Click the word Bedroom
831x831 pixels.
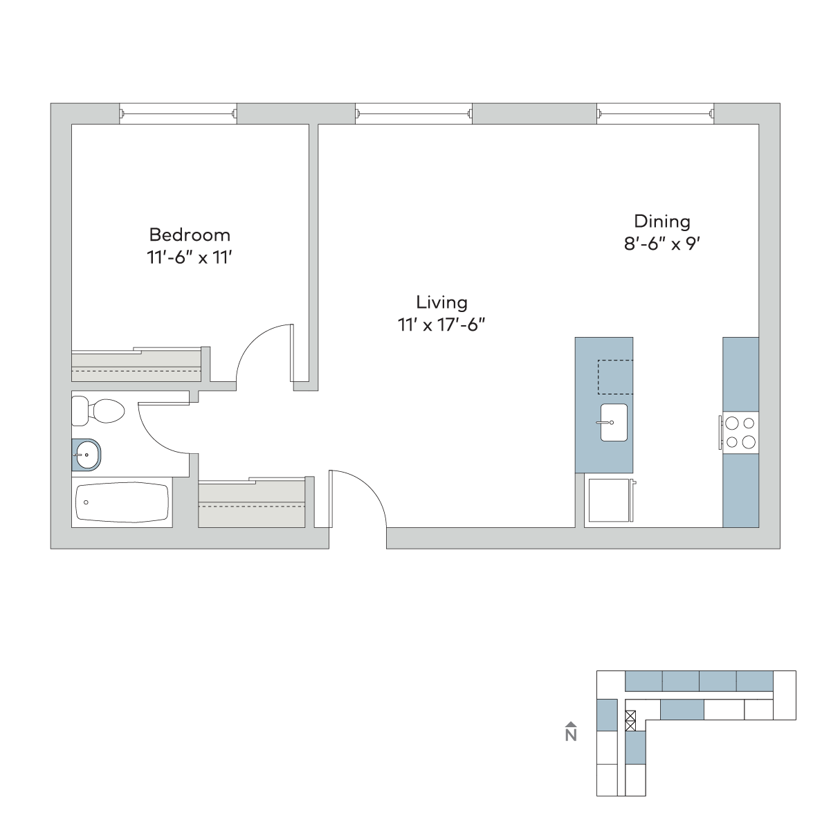pos(190,235)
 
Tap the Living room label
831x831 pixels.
pos(441,303)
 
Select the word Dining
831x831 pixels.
pos(662,222)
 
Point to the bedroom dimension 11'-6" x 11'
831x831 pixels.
pos(190,258)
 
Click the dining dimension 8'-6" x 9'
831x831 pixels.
pos(662,244)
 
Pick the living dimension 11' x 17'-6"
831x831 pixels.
pos(441,325)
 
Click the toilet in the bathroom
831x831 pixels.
pos(98,410)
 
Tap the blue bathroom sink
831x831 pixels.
pos(86,455)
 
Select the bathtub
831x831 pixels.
pos(122,502)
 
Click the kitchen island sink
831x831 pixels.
pos(614,422)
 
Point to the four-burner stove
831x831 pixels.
pos(740,432)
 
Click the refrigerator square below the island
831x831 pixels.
pos(610,500)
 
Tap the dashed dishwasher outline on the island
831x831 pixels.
pos(615,377)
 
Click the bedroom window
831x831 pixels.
pos(178,114)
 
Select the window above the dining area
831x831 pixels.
pos(655,114)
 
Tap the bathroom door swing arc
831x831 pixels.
pos(155,439)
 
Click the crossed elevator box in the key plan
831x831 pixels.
pos(630,720)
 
